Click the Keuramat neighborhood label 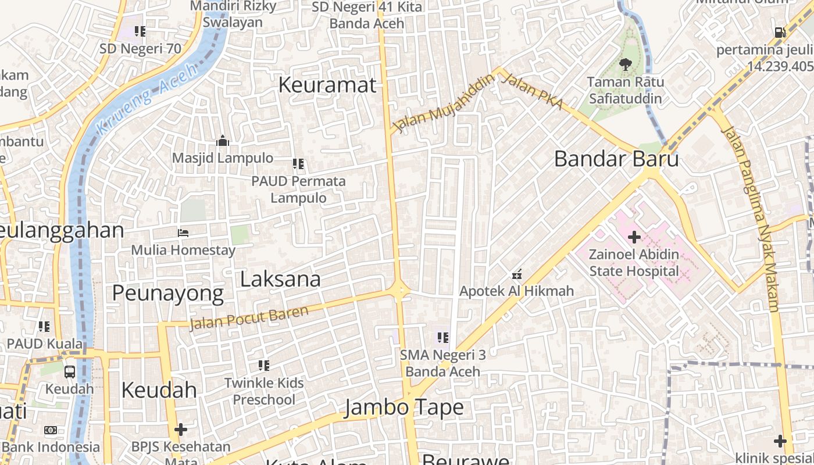(x=327, y=85)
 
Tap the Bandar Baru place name (x=616, y=159)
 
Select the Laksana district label (x=280, y=279)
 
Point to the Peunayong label (x=167, y=294)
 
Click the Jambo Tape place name (x=404, y=407)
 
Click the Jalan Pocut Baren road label (x=249, y=317)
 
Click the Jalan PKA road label (x=531, y=91)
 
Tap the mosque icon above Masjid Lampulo (x=223, y=141)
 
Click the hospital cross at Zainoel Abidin (x=634, y=237)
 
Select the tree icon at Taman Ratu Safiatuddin (x=625, y=65)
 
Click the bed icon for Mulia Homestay (x=183, y=233)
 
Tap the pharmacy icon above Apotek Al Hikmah (x=516, y=274)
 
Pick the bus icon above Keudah (x=69, y=371)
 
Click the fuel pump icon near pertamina (x=780, y=33)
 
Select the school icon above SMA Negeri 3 (x=442, y=337)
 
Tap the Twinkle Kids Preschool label (x=264, y=391)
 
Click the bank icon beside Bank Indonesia (x=51, y=430)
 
